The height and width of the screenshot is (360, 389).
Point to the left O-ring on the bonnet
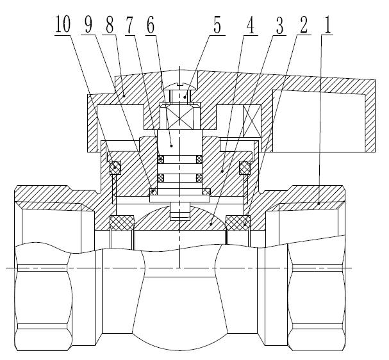click(x=115, y=168)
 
